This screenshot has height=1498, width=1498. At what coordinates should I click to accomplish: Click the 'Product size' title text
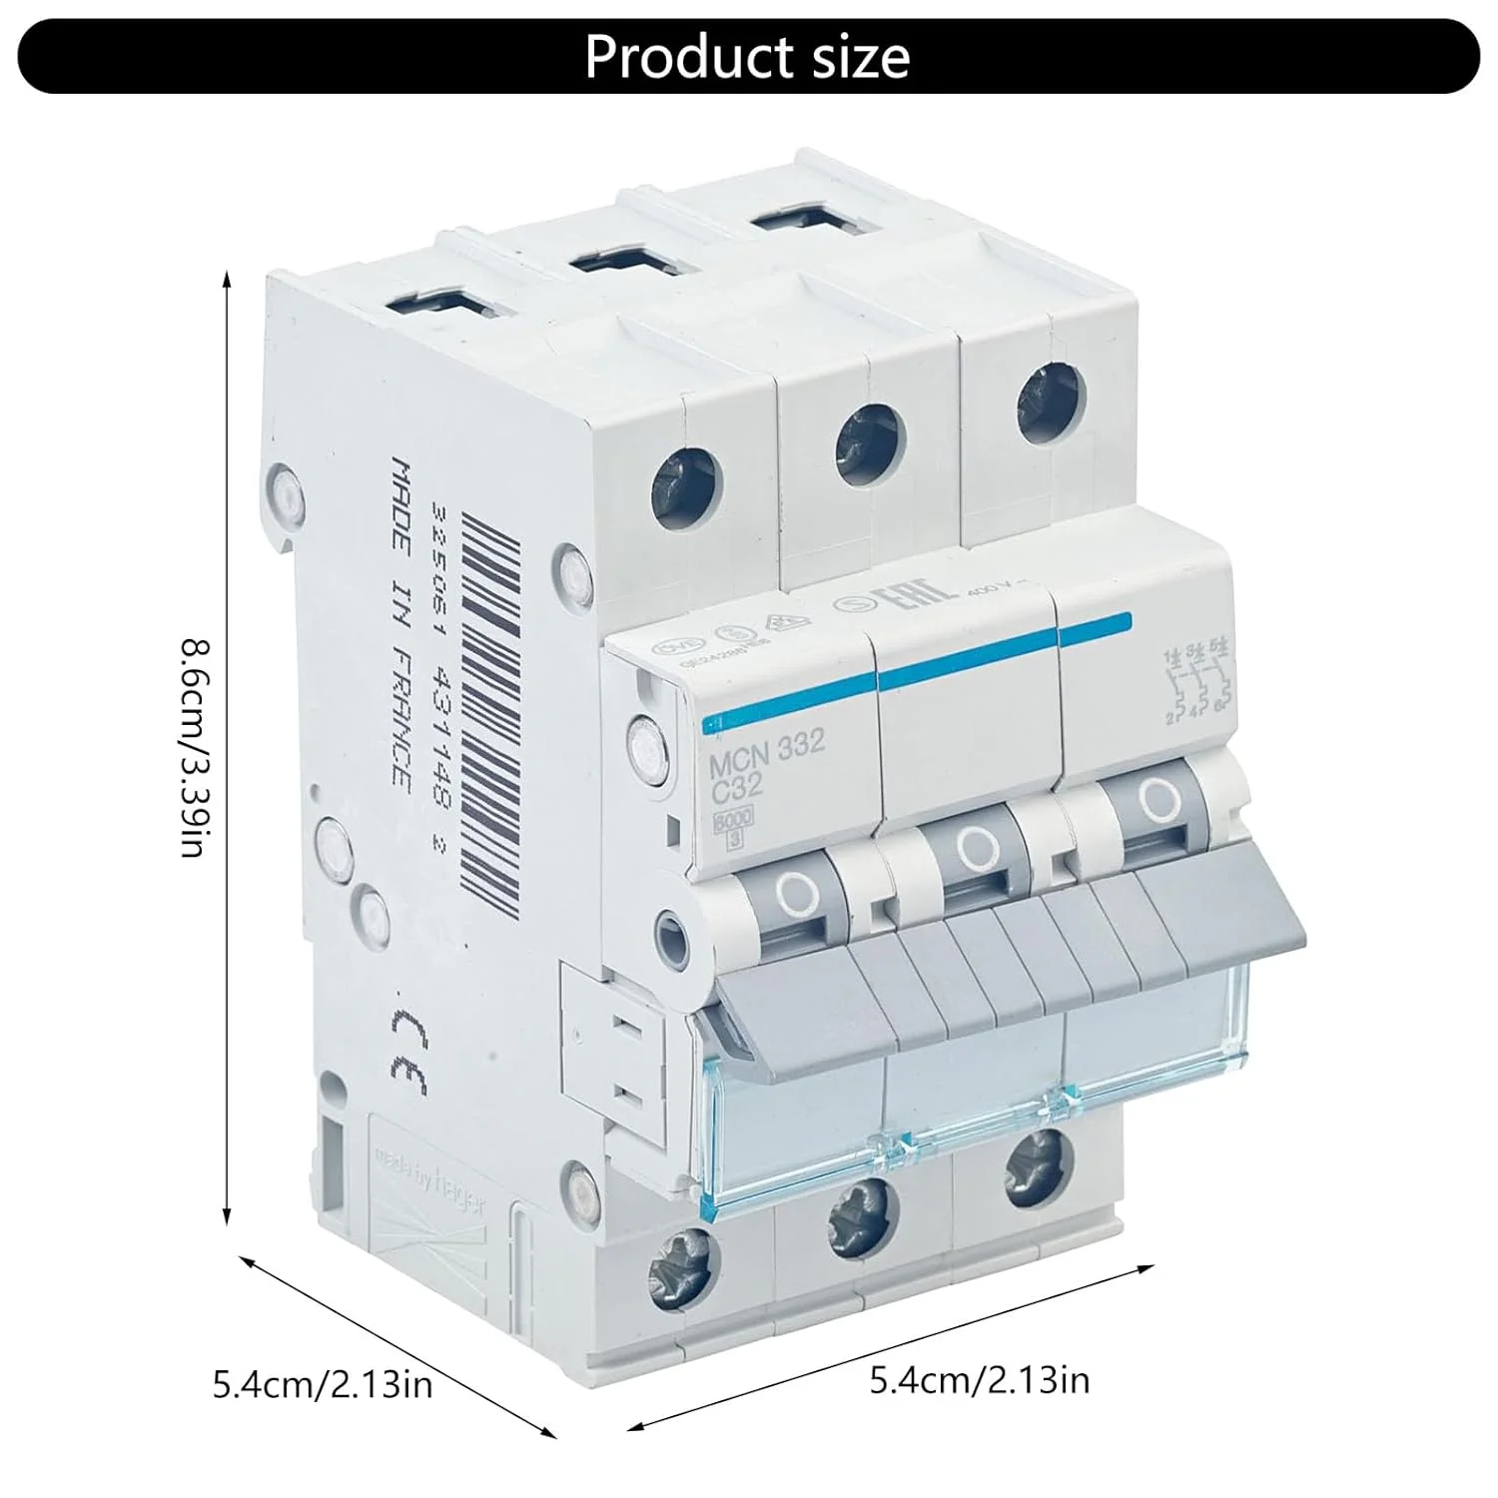(x=747, y=57)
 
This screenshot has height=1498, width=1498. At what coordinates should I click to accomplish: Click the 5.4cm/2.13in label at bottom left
(x=323, y=1386)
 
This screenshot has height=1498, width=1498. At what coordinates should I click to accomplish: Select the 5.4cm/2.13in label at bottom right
(x=980, y=1380)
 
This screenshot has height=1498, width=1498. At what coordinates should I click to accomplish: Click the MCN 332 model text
(x=767, y=745)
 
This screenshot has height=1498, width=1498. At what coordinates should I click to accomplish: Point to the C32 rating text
(x=736, y=786)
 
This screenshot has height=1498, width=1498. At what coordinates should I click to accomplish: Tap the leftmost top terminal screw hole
(x=686, y=485)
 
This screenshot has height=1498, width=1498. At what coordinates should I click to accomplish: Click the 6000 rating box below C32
(x=733, y=820)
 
